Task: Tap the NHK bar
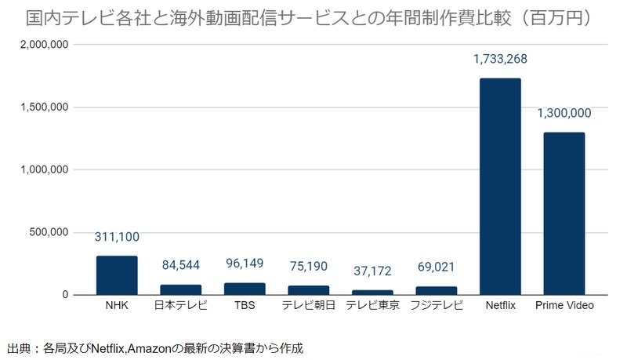pos(117,275)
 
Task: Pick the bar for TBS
pos(245,289)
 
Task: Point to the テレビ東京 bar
pos(372,292)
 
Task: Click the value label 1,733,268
pos(500,59)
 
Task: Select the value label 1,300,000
pos(564,113)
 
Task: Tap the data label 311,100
pos(117,237)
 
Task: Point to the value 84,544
pos(181,265)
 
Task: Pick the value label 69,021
pos(437,267)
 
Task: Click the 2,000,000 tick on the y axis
pos(46,45)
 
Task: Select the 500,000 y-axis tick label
pos(51,232)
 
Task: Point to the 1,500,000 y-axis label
pos(46,107)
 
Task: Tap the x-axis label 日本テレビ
pos(181,305)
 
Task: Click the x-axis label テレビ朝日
pos(309,305)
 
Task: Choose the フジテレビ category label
pos(437,305)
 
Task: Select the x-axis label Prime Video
pos(564,305)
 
